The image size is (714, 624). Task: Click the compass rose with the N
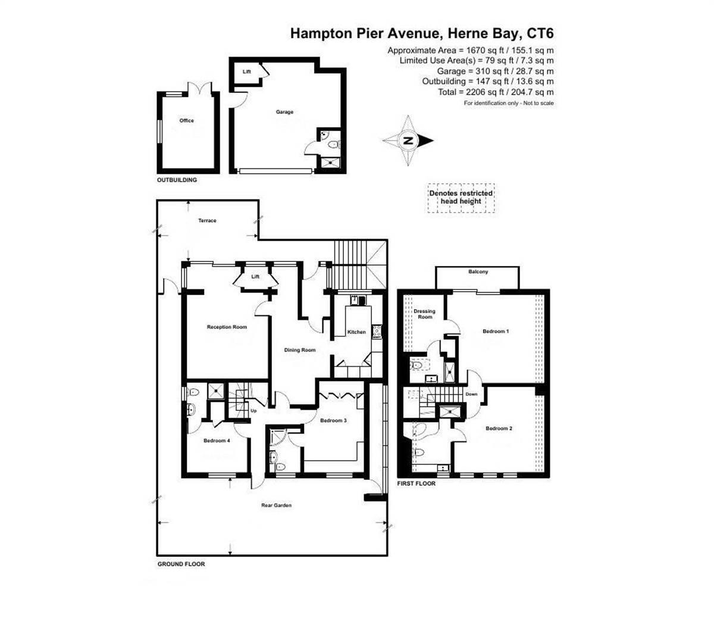408,141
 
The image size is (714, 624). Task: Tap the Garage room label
284,112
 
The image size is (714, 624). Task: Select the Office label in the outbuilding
187,120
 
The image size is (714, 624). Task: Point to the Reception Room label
227,327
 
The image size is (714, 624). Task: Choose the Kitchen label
357,332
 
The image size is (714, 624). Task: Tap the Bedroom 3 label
333,420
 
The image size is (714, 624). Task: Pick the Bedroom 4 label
217,441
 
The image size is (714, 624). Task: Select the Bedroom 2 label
499,429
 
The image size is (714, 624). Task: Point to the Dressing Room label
425,314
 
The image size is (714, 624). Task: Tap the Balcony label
478,272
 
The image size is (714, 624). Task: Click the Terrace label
207,221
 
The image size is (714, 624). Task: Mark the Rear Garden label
277,506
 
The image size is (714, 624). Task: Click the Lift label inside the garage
246,71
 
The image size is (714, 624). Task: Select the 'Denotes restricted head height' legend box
461,197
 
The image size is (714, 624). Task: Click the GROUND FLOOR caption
181,564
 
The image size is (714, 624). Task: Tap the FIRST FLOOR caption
416,483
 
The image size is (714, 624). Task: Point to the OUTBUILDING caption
177,180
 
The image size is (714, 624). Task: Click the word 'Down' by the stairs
471,394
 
